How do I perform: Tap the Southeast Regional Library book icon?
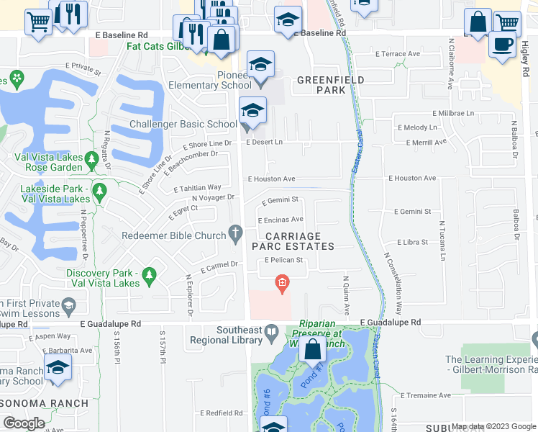272,333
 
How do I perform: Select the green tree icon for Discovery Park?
149,274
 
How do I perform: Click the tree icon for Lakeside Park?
99,191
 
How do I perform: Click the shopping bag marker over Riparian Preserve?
313,351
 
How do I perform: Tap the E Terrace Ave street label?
397,54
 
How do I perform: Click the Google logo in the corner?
24,423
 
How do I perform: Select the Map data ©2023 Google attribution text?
493,426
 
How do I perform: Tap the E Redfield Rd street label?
223,413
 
